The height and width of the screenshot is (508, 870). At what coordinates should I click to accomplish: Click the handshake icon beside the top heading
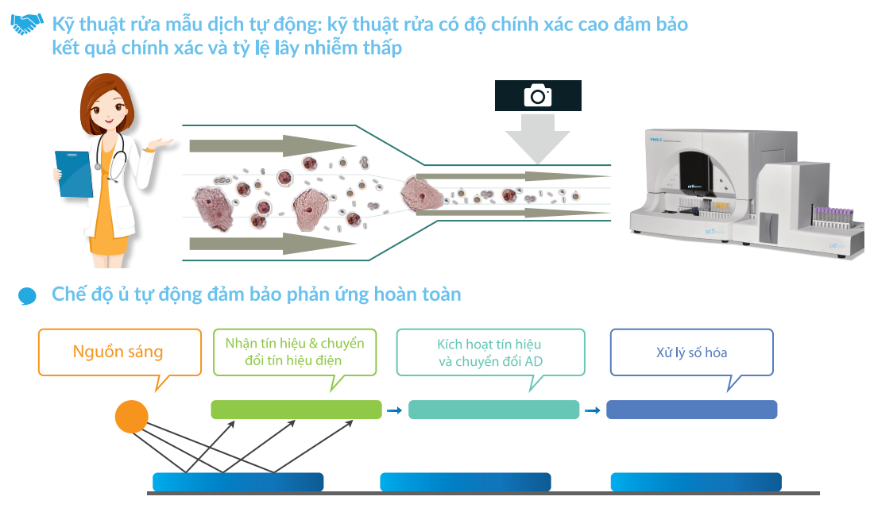click(x=27, y=25)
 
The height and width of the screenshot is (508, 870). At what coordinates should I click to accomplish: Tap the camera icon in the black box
click(x=538, y=95)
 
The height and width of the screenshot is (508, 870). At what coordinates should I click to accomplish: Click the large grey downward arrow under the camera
click(x=538, y=137)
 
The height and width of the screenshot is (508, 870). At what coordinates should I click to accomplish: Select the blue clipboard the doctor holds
click(x=74, y=174)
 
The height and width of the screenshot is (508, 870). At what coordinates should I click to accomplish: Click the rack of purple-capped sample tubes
click(x=832, y=215)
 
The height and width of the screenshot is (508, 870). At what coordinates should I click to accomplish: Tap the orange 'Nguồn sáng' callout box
click(x=119, y=352)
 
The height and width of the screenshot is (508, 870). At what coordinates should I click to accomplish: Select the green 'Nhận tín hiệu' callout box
click(x=294, y=352)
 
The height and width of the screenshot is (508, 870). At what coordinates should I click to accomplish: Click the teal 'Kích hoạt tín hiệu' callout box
click(x=489, y=352)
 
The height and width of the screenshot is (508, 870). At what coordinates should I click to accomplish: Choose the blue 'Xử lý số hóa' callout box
click(x=691, y=352)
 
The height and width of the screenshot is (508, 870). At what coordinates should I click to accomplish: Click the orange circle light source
click(x=132, y=417)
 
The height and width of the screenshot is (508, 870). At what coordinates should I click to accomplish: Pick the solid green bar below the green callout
click(x=296, y=410)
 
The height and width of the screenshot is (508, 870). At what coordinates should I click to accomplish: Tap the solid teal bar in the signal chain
click(x=493, y=410)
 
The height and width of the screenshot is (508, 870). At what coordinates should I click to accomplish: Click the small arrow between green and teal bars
click(x=394, y=410)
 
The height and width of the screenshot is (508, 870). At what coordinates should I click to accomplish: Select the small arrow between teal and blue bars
click(x=592, y=410)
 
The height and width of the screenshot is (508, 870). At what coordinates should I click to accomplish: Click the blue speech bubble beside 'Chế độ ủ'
click(x=28, y=296)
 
